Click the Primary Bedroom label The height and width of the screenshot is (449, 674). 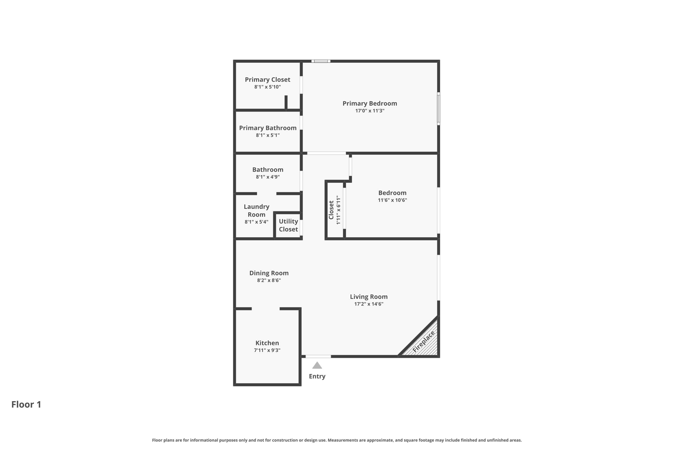pyautogui.click(x=370, y=103)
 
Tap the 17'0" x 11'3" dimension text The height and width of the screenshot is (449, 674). pyautogui.click(x=370, y=111)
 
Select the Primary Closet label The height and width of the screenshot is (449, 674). pyautogui.click(x=267, y=80)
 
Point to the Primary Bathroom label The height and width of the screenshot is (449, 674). pyautogui.click(x=268, y=128)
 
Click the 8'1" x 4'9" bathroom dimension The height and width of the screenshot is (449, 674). pyautogui.click(x=268, y=177)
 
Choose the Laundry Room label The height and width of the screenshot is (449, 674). pyautogui.click(x=256, y=211)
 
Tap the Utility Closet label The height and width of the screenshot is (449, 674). pyautogui.click(x=288, y=225)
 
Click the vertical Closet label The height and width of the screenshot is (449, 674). pyautogui.click(x=331, y=210)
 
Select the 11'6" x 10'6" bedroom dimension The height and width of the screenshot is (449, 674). pyautogui.click(x=392, y=200)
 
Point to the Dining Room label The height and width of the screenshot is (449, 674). pyautogui.click(x=269, y=273)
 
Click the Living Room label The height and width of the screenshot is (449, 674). pyautogui.click(x=369, y=297)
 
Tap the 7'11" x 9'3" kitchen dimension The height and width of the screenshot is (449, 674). pyautogui.click(x=267, y=350)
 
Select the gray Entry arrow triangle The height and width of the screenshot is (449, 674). pyautogui.click(x=317, y=365)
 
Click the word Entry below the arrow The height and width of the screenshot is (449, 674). pyautogui.click(x=317, y=376)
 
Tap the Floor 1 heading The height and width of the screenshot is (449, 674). pyautogui.click(x=26, y=404)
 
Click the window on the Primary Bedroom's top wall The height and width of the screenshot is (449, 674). pyautogui.click(x=321, y=61)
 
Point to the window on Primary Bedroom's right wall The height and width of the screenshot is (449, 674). pyautogui.click(x=438, y=109)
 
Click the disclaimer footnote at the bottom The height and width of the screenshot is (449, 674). pyautogui.click(x=337, y=440)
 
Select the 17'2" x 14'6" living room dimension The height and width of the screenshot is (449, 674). pyautogui.click(x=369, y=304)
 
